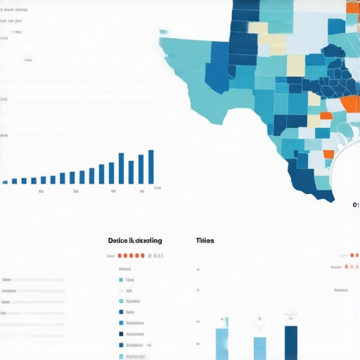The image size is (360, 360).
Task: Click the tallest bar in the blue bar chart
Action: (150, 167)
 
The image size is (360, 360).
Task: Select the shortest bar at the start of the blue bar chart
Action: (6, 182)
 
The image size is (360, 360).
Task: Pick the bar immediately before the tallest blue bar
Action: (141, 169)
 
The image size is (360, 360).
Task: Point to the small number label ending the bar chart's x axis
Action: (157, 188)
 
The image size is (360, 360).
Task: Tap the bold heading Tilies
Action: (205, 240)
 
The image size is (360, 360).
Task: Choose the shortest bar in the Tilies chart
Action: (259, 348)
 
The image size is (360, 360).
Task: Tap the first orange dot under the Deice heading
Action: (120, 257)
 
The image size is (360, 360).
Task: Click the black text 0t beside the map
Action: (356, 205)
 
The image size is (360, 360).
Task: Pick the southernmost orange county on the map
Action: (328, 154)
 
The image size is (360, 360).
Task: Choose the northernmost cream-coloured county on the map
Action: (258, 30)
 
